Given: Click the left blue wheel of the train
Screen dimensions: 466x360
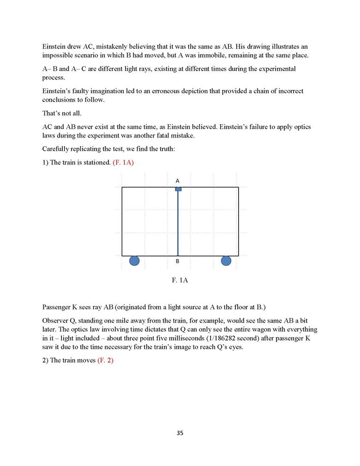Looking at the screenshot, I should tap(134, 261).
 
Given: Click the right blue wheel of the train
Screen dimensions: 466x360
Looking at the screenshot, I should tap(226, 261).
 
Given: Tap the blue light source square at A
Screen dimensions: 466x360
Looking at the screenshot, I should tap(178, 189).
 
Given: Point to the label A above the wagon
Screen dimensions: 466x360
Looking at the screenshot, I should tap(178, 180).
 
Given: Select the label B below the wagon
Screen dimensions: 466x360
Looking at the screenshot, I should tap(178, 262).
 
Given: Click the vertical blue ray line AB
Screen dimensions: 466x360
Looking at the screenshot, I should tap(178, 221).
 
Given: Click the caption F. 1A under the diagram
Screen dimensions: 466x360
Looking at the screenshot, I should tap(180, 280).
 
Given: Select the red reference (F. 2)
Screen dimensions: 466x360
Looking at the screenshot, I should tap(105, 360).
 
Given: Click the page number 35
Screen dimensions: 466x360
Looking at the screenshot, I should tap(180, 433).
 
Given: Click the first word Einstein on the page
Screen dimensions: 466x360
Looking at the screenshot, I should tap(54, 47).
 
